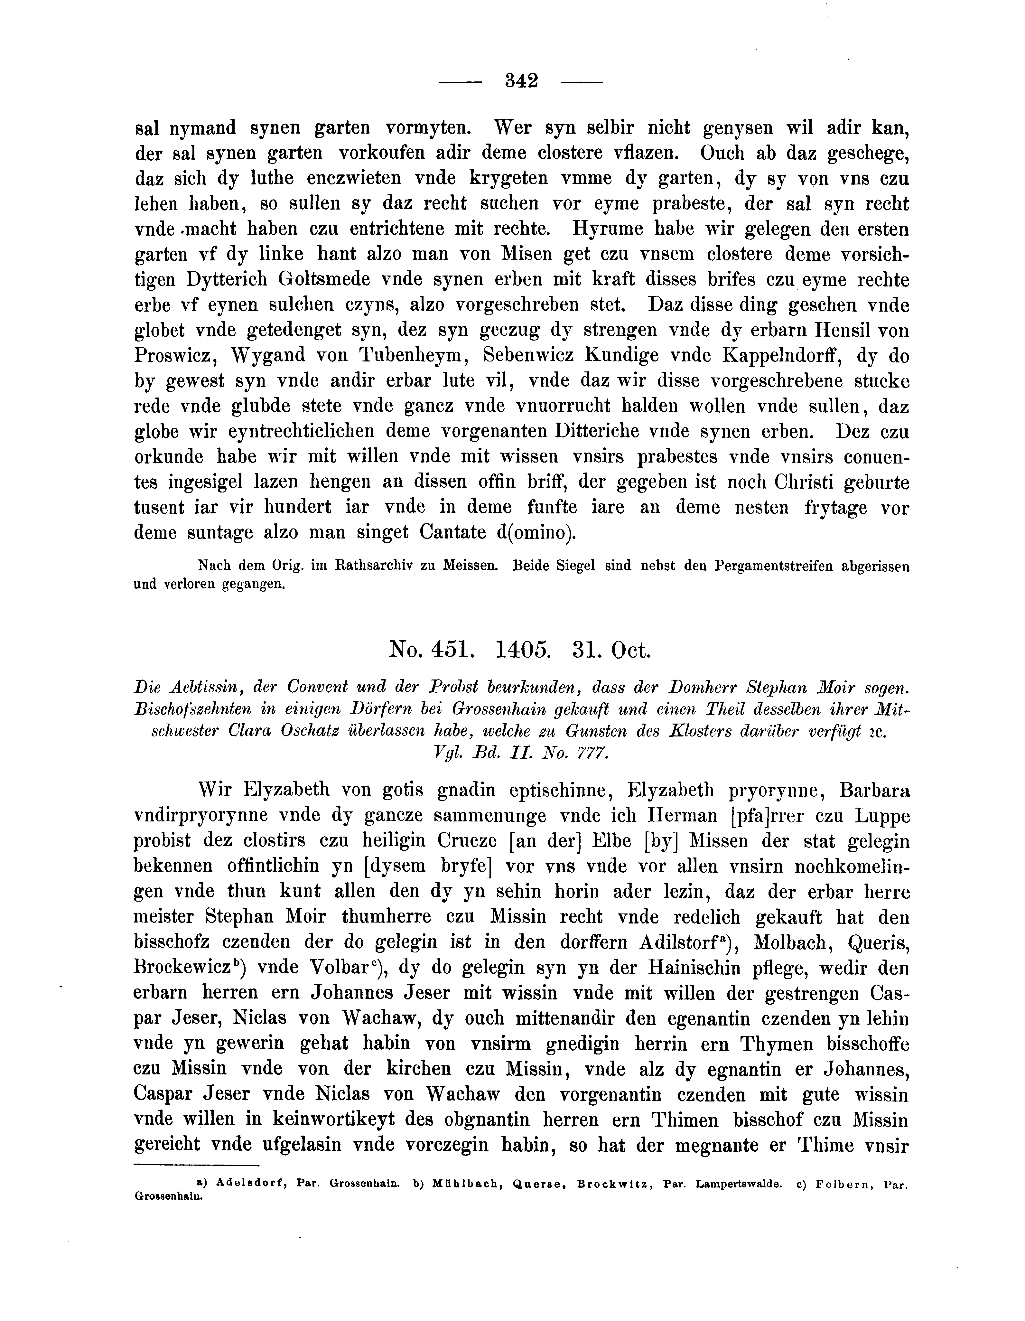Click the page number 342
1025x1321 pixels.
point(521,80)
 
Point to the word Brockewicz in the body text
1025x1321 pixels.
point(184,968)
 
